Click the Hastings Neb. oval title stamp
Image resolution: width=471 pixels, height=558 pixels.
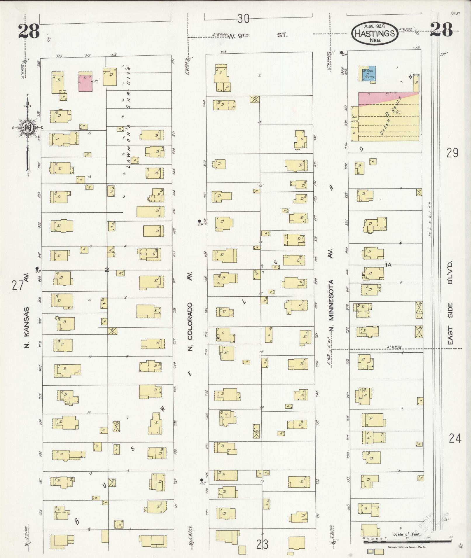pyautogui.click(x=375, y=33)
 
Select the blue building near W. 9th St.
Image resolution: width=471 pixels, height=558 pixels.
pyautogui.click(x=369, y=73)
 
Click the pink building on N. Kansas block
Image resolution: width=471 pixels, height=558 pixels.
pyautogui.click(x=85, y=83)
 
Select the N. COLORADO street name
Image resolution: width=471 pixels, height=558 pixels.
pyautogui.click(x=190, y=326)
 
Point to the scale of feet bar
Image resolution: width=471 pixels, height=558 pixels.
pyautogui.click(x=408, y=542)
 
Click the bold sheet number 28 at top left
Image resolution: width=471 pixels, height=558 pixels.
pyautogui.click(x=29, y=32)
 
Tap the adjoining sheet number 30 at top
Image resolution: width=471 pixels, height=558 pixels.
pyautogui.click(x=243, y=19)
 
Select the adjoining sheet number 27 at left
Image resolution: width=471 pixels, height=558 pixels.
pyautogui.click(x=17, y=285)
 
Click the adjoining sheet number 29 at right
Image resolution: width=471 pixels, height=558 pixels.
pyautogui.click(x=452, y=153)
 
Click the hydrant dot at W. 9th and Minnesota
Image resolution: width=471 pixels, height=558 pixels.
pyautogui.click(x=341, y=53)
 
